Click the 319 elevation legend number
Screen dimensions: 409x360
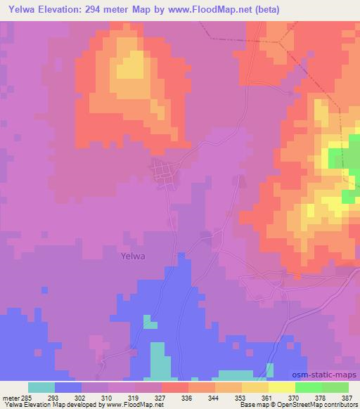tap(134, 398)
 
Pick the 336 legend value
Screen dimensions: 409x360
tap(188, 398)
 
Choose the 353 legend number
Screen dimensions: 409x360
tap(240, 398)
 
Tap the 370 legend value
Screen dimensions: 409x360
tap(294, 398)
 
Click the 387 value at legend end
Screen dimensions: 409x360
tap(347, 398)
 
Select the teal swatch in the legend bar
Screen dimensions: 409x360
tap(41, 387)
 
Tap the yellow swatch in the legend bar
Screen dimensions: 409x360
tap(255, 387)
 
